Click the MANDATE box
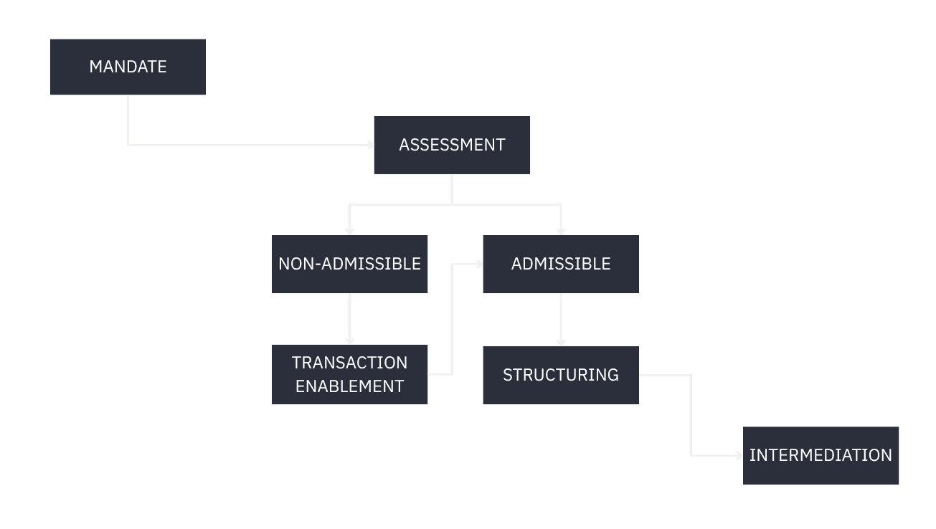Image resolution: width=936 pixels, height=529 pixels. (128, 67)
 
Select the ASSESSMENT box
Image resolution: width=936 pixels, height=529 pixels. (452, 145)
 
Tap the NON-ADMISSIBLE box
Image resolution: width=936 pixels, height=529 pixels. (349, 264)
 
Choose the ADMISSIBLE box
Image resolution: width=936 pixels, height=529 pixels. (560, 264)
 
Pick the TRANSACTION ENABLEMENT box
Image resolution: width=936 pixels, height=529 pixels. (349, 374)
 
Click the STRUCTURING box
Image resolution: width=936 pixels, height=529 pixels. (560, 375)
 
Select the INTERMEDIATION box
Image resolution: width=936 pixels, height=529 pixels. (821, 455)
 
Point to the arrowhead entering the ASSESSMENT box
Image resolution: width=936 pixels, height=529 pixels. (370, 145)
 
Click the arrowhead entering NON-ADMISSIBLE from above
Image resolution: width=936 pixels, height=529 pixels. (349, 231)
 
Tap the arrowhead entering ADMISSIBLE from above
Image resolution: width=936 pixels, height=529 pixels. (561, 231)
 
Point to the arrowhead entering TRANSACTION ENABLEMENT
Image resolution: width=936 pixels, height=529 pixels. (349, 340)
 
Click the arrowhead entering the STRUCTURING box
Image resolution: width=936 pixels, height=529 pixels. (561, 343)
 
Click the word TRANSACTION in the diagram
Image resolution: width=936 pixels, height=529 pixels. (349, 363)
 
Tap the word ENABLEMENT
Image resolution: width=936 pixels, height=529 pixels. (349, 386)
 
